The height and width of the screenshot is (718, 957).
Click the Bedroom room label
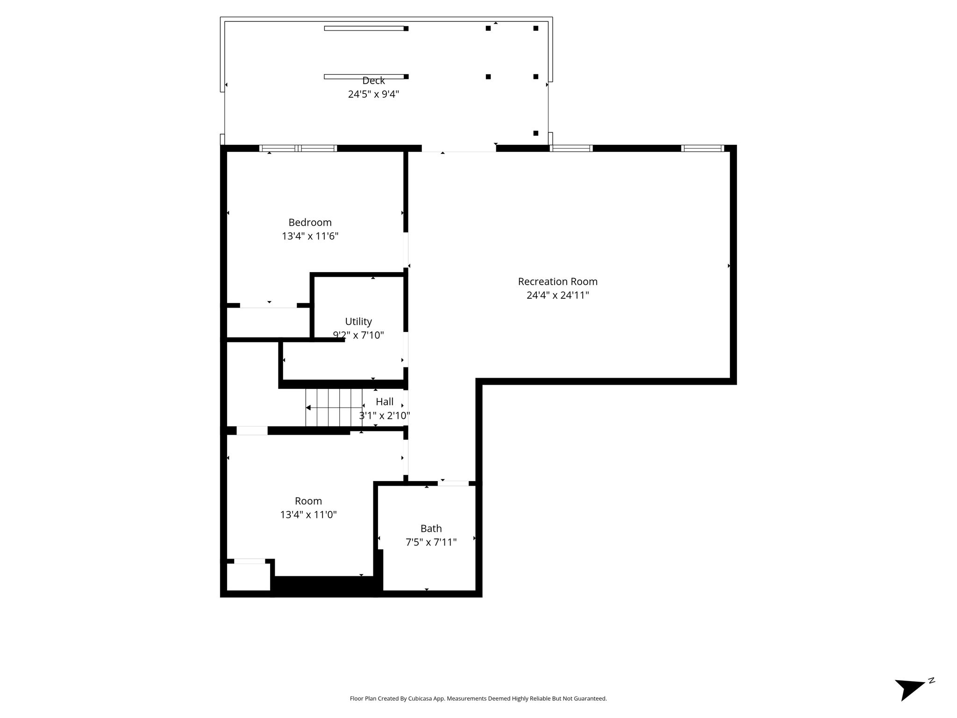pyautogui.click(x=310, y=223)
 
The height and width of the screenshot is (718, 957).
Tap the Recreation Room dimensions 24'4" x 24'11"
pyautogui.click(x=557, y=295)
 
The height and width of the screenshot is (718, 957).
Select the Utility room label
pyautogui.click(x=358, y=322)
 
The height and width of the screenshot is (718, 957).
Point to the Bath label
pyautogui.click(x=431, y=529)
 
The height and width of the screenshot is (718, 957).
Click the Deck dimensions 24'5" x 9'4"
pyautogui.click(x=373, y=94)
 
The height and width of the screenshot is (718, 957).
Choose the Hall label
pyautogui.click(x=385, y=402)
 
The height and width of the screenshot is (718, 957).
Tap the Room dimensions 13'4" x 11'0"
pyautogui.click(x=308, y=515)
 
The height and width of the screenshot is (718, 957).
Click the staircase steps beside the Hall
pyautogui.click(x=334, y=408)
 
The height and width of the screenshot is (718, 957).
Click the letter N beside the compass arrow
pyautogui.click(x=931, y=680)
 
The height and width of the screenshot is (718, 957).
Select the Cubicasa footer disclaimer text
pyautogui.click(x=478, y=699)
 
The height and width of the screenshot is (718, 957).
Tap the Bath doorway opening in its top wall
pyautogui.click(x=453, y=483)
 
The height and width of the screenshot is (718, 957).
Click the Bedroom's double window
pyautogui.click(x=298, y=149)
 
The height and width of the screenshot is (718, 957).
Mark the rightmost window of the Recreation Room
pyautogui.click(x=703, y=149)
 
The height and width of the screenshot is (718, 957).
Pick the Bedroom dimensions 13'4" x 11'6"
pyautogui.click(x=310, y=236)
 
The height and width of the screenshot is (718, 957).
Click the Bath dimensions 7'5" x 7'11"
pyautogui.click(x=431, y=542)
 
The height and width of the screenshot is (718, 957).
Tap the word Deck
pyautogui.click(x=373, y=81)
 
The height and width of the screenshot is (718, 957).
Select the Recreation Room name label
pyautogui.click(x=557, y=282)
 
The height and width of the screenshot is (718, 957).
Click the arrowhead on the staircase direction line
pyautogui.click(x=308, y=408)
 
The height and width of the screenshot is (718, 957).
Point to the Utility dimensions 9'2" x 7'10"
pyautogui.click(x=358, y=335)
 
